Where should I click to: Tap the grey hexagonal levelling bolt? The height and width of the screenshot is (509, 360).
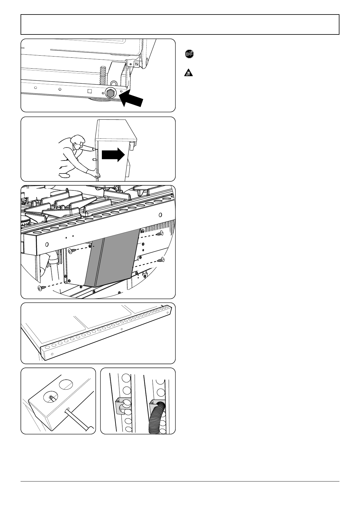(x=110, y=93)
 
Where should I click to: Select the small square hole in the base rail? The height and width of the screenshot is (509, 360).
(x=89, y=91)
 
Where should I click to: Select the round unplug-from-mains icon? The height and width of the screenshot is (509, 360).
(x=189, y=54)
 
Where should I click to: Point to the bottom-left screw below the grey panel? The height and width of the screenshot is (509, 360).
(x=40, y=288)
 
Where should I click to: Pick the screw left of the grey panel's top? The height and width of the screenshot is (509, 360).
(x=71, y=250)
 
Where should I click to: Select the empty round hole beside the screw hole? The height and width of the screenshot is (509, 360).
(x=66, y=384)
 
